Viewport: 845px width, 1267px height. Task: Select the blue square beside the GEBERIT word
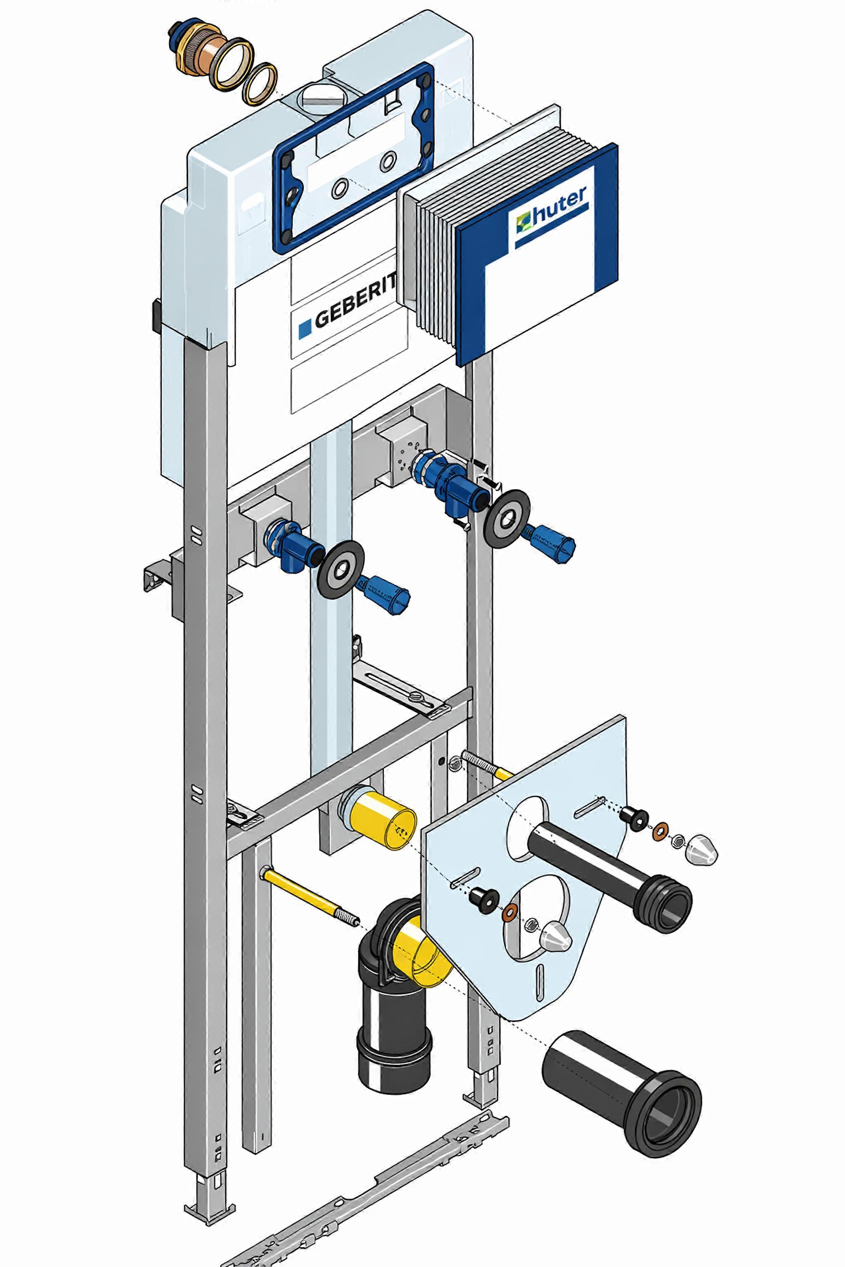click(x=305, y=328)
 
